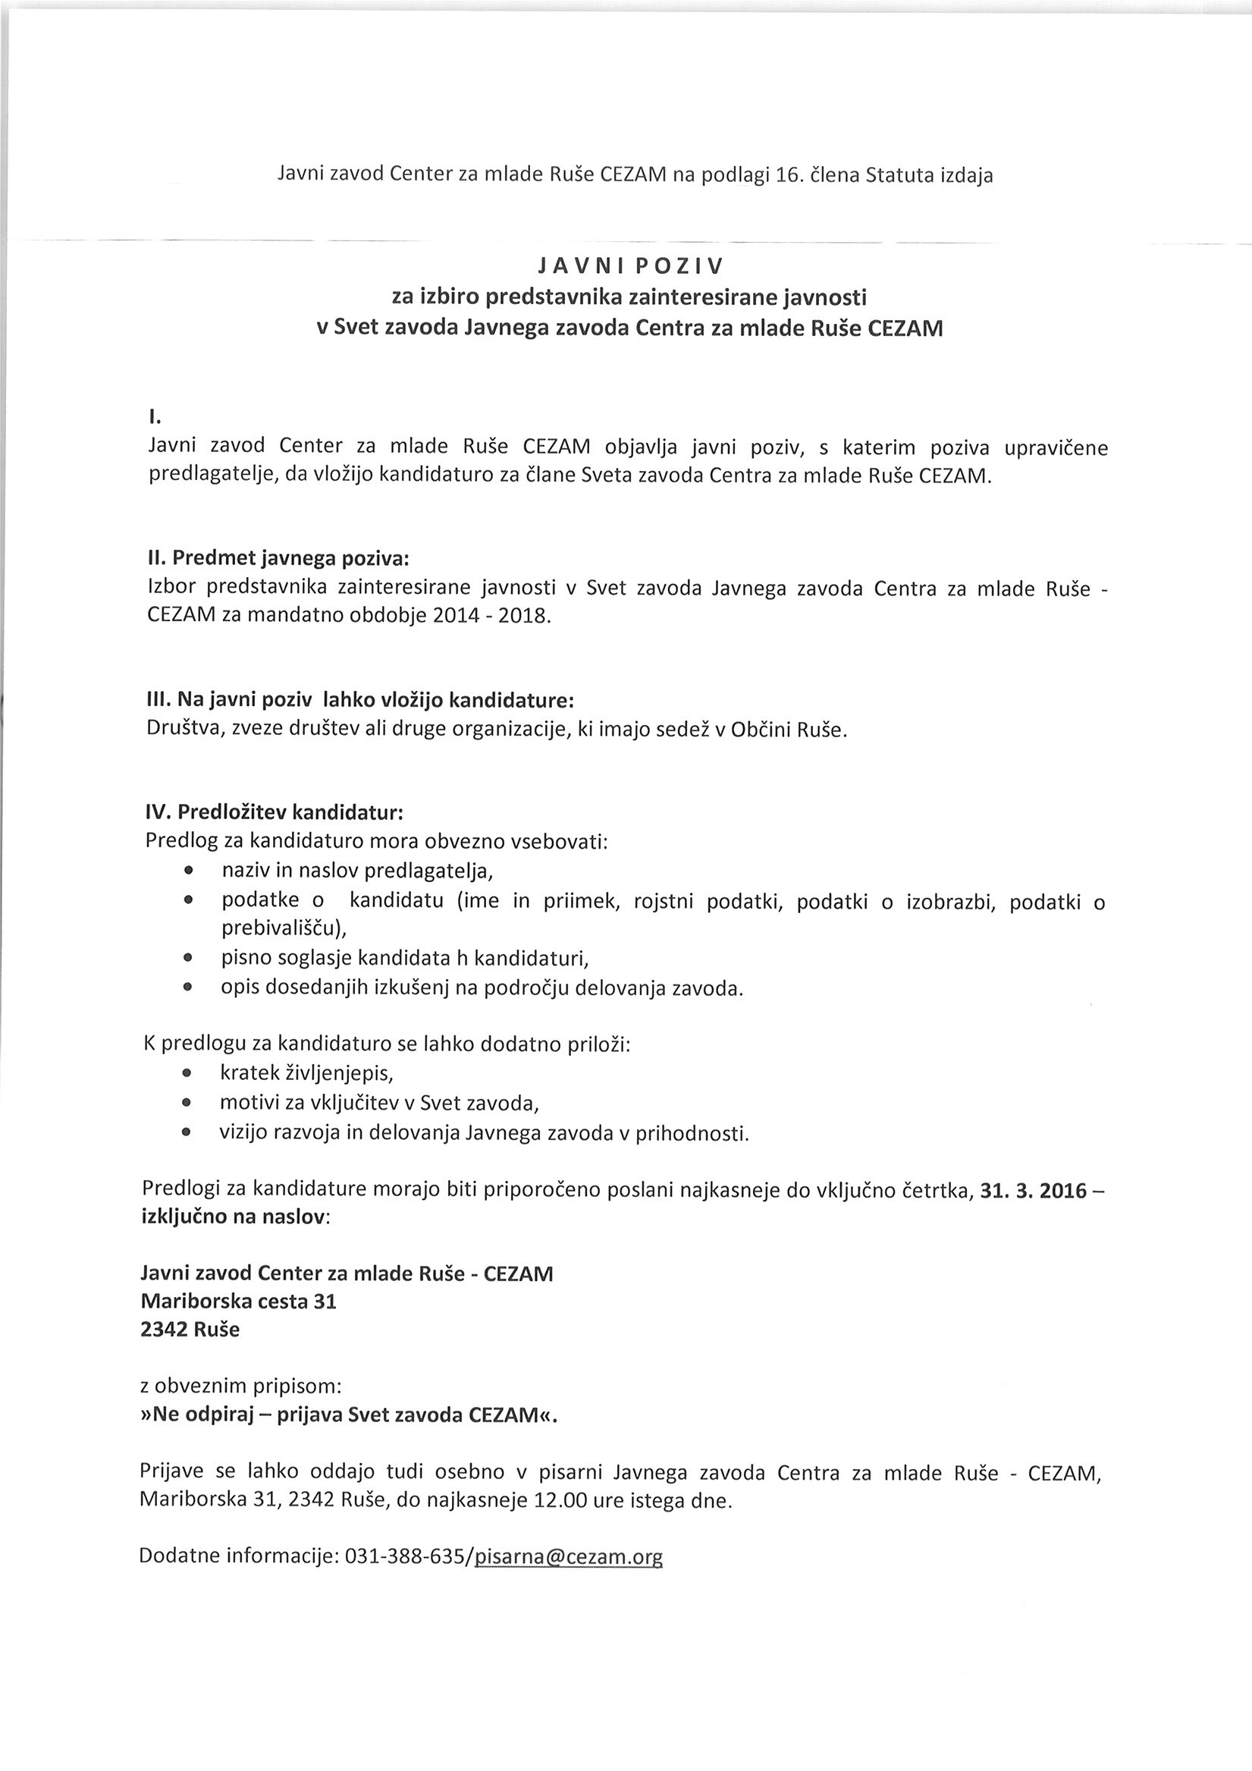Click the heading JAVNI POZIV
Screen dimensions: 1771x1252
click(x=630, y=267)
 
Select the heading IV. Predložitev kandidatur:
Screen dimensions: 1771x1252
click(x=275, y=812)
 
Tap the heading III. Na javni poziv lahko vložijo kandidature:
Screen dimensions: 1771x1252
click(x=361, y=700)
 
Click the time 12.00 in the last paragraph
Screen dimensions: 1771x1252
click(x=555, y=1501)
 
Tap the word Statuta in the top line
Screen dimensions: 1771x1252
click(x=900, y=176)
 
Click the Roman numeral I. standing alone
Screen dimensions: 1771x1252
click(x=154, y=417)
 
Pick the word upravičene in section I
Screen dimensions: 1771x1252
click(x=1056, y=447)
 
